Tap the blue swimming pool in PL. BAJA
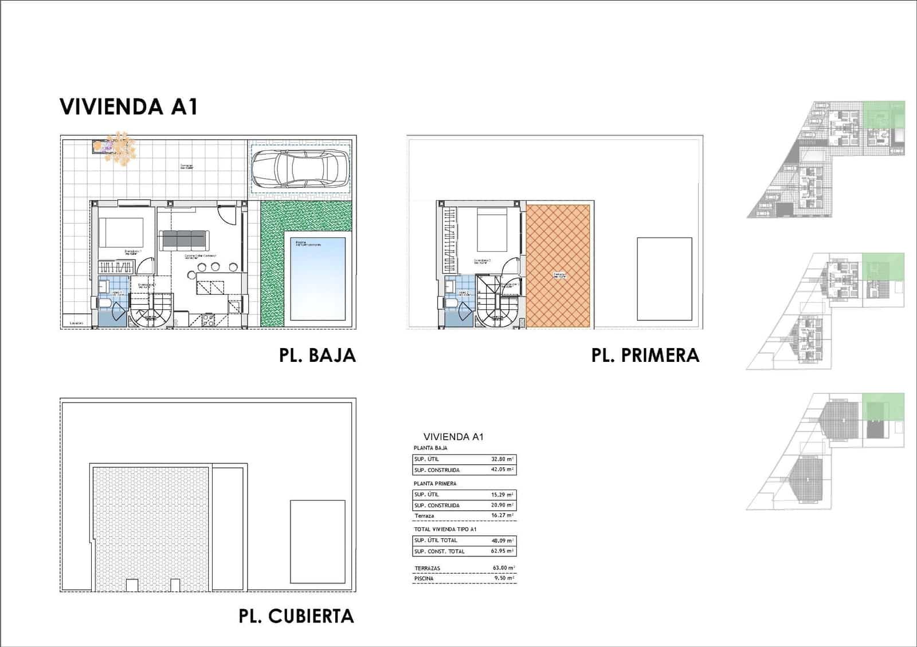318,278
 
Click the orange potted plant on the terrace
120,148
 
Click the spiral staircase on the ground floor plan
150,310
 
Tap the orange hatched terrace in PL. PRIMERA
558,266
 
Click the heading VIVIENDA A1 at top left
129,107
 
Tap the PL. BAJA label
317,355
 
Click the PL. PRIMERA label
645,355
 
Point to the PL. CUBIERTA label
296,616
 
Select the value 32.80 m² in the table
503,459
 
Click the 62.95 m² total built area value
503,551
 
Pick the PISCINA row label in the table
424,579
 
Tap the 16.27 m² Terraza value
503,516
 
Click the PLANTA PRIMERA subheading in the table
435,484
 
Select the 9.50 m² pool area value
503,579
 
